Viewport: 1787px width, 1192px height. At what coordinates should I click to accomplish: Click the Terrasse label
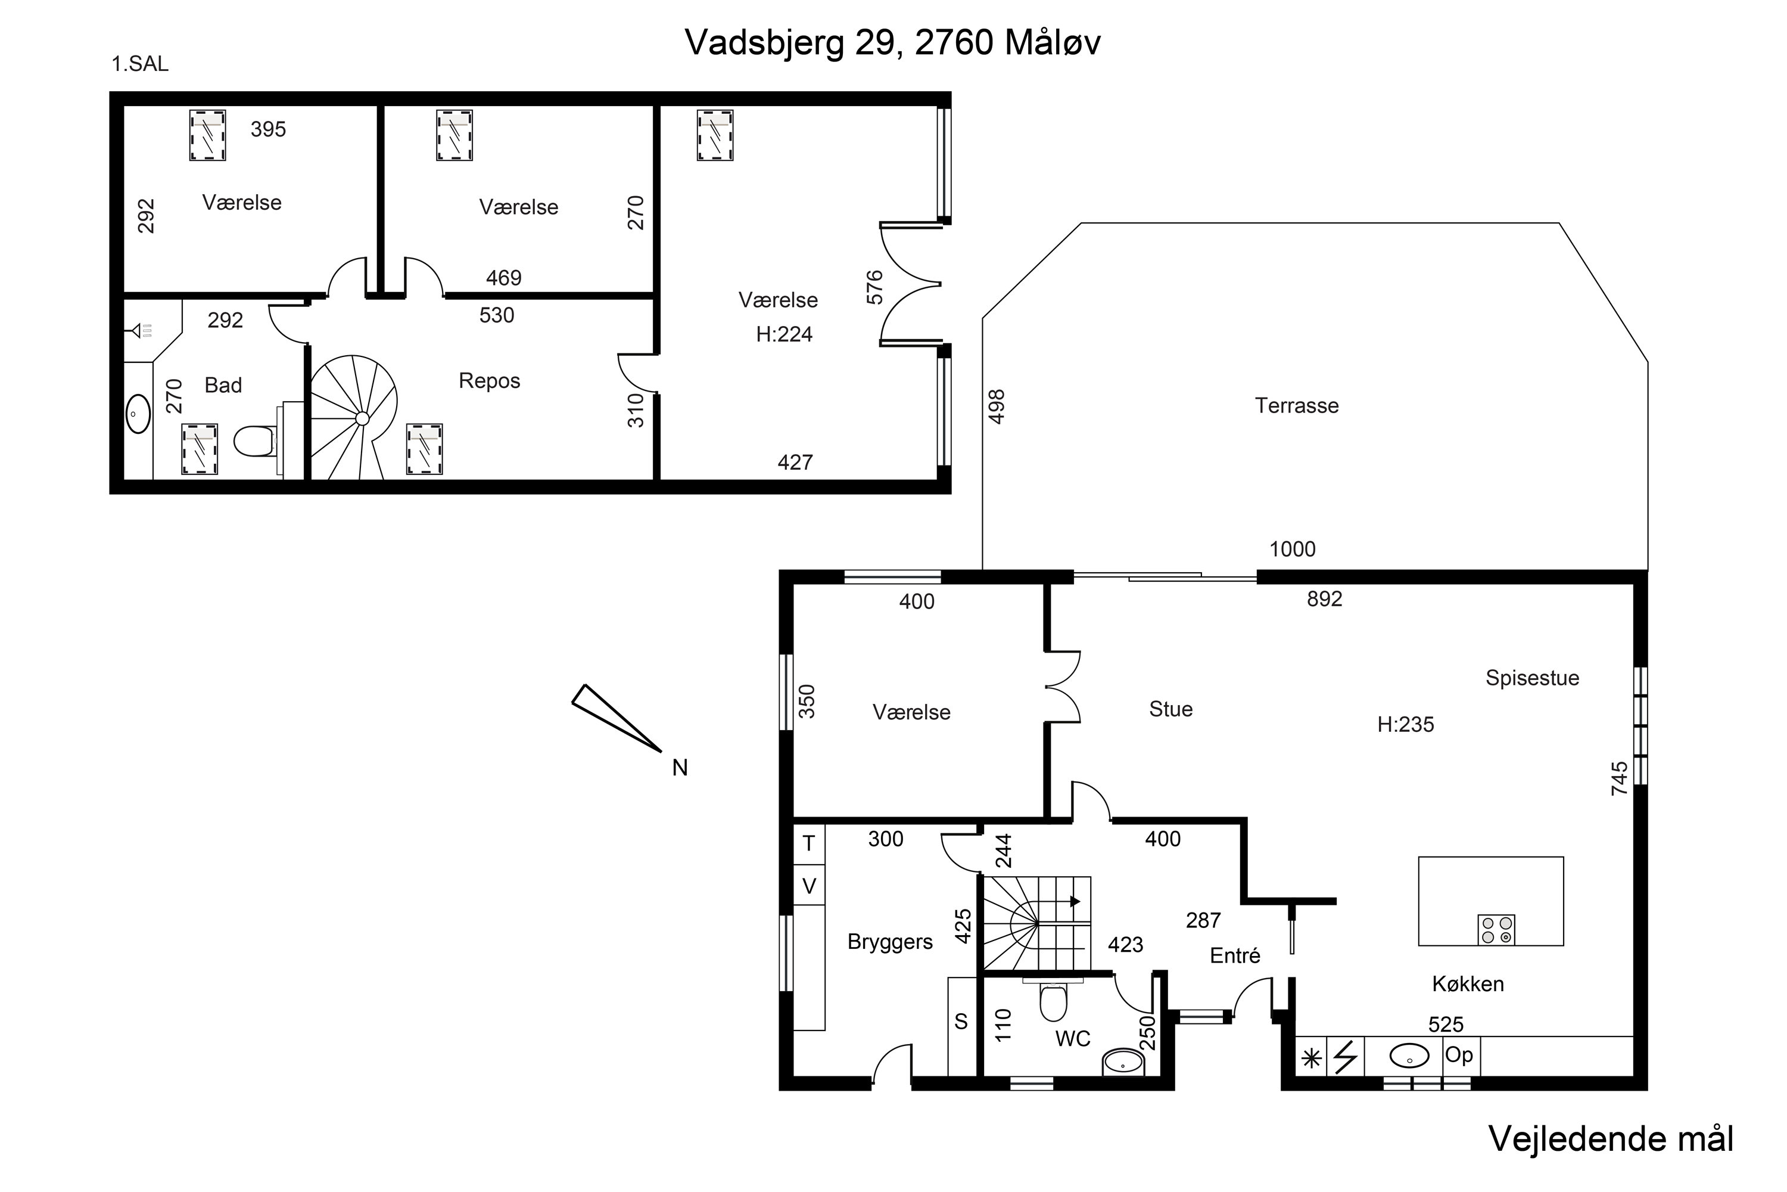1296,405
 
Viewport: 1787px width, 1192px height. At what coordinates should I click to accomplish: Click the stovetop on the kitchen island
1496,930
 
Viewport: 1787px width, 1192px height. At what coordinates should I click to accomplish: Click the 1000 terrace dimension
1293,549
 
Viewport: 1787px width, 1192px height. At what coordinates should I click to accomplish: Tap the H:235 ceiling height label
1406,725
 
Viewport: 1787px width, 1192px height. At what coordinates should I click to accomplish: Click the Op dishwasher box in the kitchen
1459,1056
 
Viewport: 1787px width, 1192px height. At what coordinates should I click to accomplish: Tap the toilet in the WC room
1053,1002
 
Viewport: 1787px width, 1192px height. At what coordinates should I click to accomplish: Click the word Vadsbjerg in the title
764,44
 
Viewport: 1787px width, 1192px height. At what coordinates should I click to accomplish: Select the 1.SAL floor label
140,64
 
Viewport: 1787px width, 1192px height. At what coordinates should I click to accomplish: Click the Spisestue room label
1533,678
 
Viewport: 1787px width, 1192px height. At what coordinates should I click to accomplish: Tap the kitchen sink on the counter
1409,1056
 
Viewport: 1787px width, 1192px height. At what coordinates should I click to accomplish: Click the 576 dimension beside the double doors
874,287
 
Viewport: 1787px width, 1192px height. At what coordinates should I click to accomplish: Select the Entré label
1235,955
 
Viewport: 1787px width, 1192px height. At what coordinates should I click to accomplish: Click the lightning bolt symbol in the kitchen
1346,1057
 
